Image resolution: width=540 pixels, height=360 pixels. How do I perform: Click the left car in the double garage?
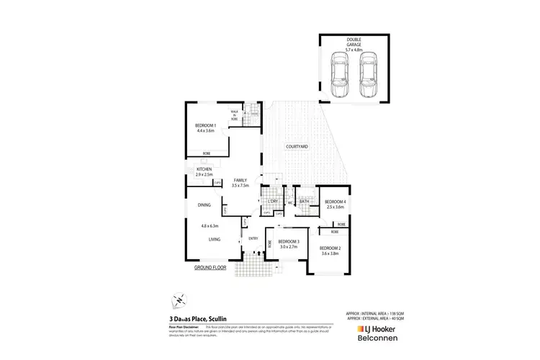[338, 73]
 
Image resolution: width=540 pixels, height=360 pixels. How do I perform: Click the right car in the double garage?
[368, 73]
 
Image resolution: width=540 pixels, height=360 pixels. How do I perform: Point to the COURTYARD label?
[297, 147]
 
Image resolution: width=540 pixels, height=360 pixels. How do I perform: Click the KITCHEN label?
[205, 170]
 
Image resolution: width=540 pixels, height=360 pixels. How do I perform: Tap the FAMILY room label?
[240, 181]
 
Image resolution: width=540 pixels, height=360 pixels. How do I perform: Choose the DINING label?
[204, 205]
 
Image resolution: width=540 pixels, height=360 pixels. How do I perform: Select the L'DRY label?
[274, 201]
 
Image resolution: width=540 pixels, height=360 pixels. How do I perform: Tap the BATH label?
[305, 201]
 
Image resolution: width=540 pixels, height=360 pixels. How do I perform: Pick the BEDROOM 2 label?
[330, 248]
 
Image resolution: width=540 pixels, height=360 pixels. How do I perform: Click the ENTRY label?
[253, 238]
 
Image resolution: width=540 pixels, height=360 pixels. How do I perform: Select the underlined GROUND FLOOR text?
[210, 267]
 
